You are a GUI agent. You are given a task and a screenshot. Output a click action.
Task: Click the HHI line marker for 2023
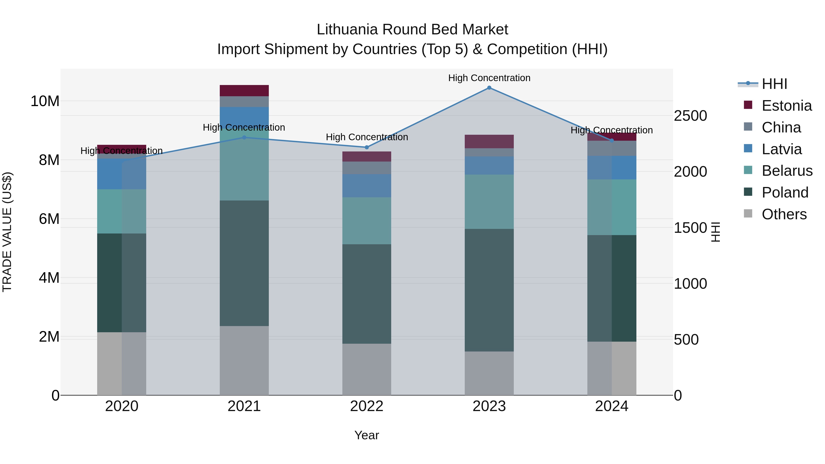[x=489, y=88]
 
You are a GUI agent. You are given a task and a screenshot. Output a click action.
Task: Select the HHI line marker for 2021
[x=244, y=137]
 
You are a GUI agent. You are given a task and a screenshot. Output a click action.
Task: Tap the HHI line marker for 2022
[x=367, y=147]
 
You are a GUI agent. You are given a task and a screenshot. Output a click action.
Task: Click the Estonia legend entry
[x=786, y=106]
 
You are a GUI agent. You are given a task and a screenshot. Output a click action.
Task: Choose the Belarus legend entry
[x=787, y=171]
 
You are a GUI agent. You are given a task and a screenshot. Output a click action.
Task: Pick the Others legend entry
[x=784, y=214]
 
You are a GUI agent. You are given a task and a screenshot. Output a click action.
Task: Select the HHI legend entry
[x=774, y=84]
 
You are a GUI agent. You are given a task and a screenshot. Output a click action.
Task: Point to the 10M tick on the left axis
[x=45, y=101]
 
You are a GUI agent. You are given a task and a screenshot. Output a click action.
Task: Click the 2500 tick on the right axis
[x=690, y=116]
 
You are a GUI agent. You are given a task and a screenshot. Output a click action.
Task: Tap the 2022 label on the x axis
[x=367, y=406]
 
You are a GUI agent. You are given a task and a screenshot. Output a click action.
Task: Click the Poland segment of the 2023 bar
[x=489, y=290]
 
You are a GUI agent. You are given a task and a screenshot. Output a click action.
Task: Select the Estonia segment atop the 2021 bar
[x=244, y=91]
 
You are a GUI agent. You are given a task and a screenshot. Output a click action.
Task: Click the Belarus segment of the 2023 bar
[x=489, y=202]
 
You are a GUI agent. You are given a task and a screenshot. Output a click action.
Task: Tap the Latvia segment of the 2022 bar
[x=367, y=186]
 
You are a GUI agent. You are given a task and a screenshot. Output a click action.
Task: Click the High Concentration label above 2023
[x=489, y=78]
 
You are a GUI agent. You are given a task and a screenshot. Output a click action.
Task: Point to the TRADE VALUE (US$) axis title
[x=7, y=232]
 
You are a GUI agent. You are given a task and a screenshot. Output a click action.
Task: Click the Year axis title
[x=366, y=435]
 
